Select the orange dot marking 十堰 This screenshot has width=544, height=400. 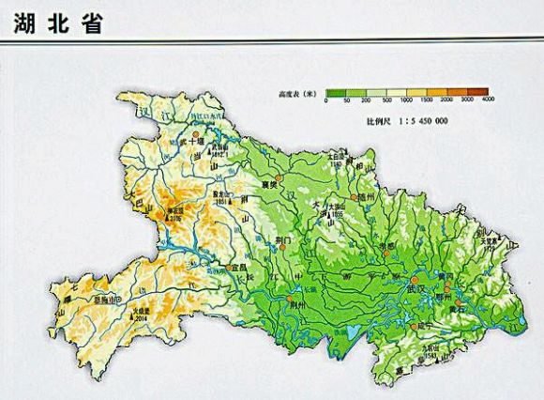tap(196, 136)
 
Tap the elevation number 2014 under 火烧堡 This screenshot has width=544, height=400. tap(143, 318)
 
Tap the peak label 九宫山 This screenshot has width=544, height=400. tap(431, 349)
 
